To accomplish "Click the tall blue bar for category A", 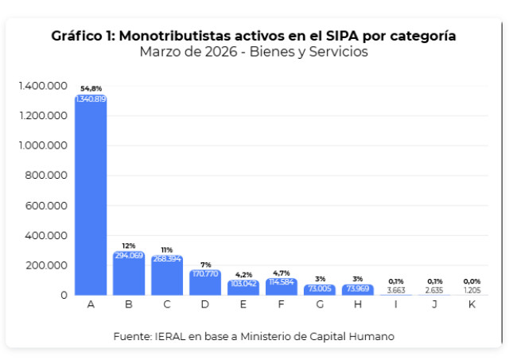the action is click(91, 195).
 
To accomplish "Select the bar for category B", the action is click(129, 273).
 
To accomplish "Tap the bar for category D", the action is click(205, 282).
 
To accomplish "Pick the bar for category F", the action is click(282, 287).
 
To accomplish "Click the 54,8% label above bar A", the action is click(91, 88).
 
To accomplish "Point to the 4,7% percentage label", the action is click(282, 273).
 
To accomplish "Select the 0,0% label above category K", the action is click(472, 281).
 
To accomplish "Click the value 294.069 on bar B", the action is click(129, 256).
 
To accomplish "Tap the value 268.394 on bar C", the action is click(167, 259).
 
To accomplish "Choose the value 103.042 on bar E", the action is click(243, 284).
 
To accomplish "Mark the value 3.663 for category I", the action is click(396, 290).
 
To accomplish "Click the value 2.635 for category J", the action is click(434, 290).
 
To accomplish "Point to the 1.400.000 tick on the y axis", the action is click(43, 86).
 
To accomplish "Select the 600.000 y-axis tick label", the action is click(46, 206).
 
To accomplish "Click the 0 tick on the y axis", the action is click(64, 295).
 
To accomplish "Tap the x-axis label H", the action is click(358, 304).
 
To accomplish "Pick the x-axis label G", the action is click(320, 304).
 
